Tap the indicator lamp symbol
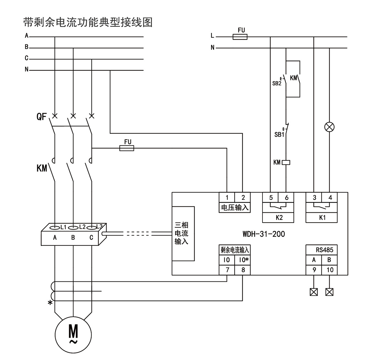pyautogui.click(x=330, y=127)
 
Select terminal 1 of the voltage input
pyautogui.click(x=227, y=198)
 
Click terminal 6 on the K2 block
pyautogui.click(x=287, y=198)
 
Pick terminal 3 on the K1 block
pyautogui.click(x=314, y=198)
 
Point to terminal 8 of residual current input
pyautogui.click(x=243, y=270)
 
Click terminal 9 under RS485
pyautogui.click(x=314, y=270)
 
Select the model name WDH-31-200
pyautogui.click(x=263, y=234)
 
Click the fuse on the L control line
pyautogui.click(x=240, y=37)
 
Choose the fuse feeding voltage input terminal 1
pyautogui.click(x=127, y=148)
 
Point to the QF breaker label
pyautogui.click(x=42, y=117)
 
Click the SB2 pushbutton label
pyautogui.click(x=277, y=83)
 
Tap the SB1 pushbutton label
pyautogui.click(x=279, y=135)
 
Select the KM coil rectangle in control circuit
pyautogui.click(x=286, y=162)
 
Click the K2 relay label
pyautogui.click(x=279, y=218)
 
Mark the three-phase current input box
pyautogui.click(x=183, y=233)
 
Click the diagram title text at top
pyautogui.click(x=88, y=22)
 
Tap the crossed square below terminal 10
pyautogui.click(x=329, y=292)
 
